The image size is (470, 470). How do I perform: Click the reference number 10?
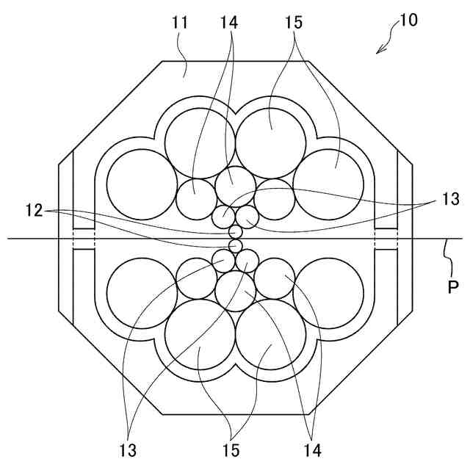coord(408,20)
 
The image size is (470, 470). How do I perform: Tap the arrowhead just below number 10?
coord(379,50)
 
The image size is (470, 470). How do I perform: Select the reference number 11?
coord(181,23)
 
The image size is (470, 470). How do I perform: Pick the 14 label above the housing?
coord(228,23)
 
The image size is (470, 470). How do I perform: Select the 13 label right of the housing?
coord(449,198)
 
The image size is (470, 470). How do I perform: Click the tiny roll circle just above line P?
coord(235,231)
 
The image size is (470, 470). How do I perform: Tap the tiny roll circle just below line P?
coord(235,245)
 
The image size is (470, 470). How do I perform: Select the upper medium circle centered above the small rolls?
coord(235,185)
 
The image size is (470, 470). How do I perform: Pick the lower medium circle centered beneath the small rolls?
coord(235,290)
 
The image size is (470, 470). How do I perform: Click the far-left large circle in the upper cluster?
coord(141,184)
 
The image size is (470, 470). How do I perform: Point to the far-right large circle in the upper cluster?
coord(328,184)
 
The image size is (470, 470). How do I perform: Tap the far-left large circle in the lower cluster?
coord(141,292)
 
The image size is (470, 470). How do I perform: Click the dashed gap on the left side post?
coord(84,239)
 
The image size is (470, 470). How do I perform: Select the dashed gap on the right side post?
coord(386,239)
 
